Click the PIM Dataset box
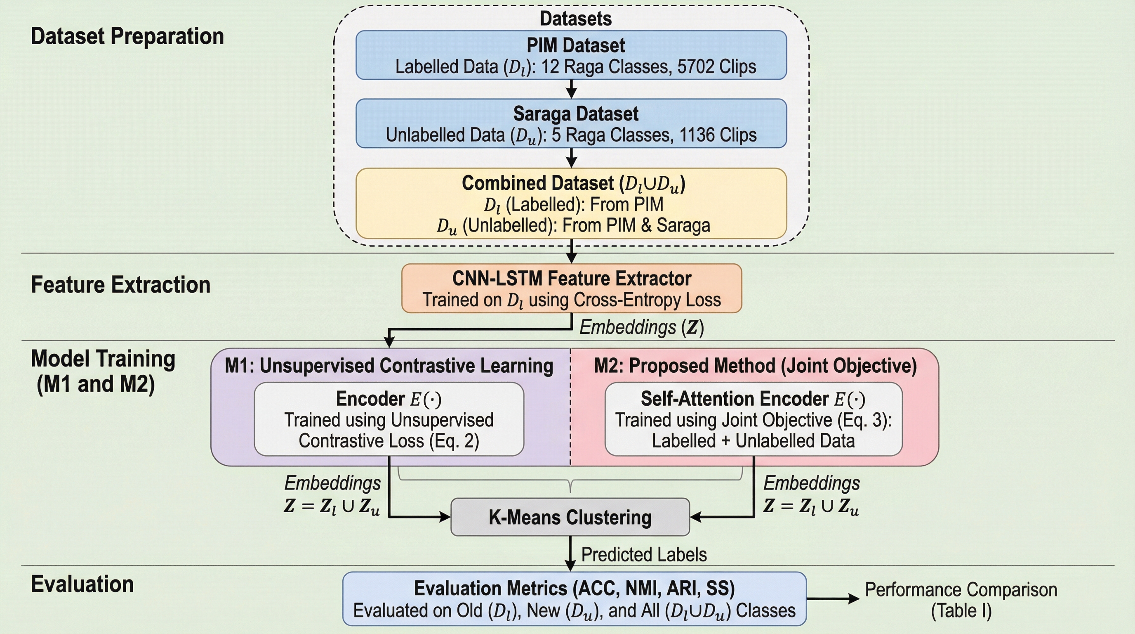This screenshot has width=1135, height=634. [x=571, y=55]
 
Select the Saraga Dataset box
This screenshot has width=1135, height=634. [x=571, y=123]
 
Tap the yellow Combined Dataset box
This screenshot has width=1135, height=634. [x=571, y=203]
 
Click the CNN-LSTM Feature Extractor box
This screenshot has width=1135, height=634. [x=572, y=289]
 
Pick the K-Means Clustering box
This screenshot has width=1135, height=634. [x=570, y=517]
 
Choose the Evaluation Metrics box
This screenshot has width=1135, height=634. [x=574, y=599]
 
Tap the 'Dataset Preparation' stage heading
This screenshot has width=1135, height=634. [x=127, y=36]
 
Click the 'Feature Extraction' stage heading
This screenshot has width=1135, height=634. [x=121, y=285]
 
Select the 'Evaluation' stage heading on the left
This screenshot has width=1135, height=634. [x=82, y=584]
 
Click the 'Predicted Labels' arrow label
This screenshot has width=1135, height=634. [x=644, y=555]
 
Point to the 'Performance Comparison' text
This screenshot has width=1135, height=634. [x=961, y=590]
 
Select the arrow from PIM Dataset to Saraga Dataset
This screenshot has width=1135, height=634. [x=572, y=89]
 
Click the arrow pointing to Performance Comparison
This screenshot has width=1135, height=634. [x=833, y=599]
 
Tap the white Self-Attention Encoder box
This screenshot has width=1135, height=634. [x=754, y=419]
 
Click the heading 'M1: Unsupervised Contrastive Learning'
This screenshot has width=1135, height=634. [x=389, y=366]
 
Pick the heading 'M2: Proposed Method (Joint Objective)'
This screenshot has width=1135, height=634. [x=755, y=366]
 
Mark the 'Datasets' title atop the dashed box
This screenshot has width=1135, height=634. [x=575, y=19]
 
